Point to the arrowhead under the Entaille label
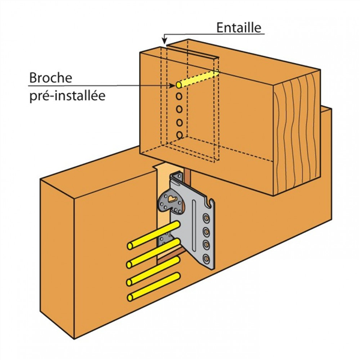click(x=163, y=42)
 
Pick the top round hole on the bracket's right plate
click(x=206, y=218)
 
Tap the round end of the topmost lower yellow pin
click(x=131, y=246)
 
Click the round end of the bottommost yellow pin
click(x=131, y=298)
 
